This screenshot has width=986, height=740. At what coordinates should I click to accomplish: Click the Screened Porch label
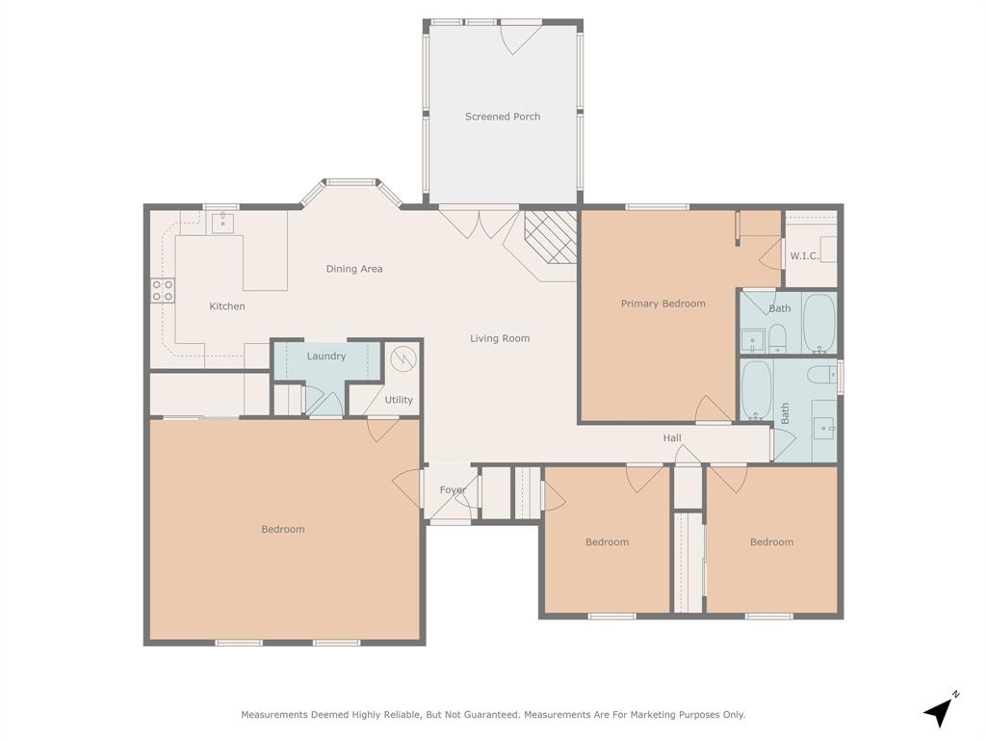click(502, 117)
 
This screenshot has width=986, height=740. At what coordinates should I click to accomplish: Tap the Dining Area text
click(353, 269)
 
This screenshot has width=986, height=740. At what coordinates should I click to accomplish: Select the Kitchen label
click(227, 306)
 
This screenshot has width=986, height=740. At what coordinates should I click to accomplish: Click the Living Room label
click(500, 338)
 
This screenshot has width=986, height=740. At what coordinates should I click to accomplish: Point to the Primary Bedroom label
click(662, 304)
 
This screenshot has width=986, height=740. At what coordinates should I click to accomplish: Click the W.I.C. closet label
click(804, 256)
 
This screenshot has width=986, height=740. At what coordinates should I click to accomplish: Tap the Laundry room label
click(326, 357)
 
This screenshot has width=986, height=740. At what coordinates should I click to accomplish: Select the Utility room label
click(399, 400)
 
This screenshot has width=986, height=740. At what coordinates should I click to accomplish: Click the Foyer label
click(453, 489)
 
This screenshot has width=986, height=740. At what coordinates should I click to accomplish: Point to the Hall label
click(672, 438)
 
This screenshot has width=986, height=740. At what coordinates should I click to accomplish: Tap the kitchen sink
click(223, 224)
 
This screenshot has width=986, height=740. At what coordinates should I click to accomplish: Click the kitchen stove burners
click(162, 290)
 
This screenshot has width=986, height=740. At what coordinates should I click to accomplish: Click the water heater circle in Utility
click(404, 360)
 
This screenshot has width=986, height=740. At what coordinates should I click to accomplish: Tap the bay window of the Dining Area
click(351, 183)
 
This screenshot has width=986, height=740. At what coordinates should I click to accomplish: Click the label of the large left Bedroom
click(283, 529)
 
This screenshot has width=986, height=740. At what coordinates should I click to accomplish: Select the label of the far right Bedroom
click(771, 542)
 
